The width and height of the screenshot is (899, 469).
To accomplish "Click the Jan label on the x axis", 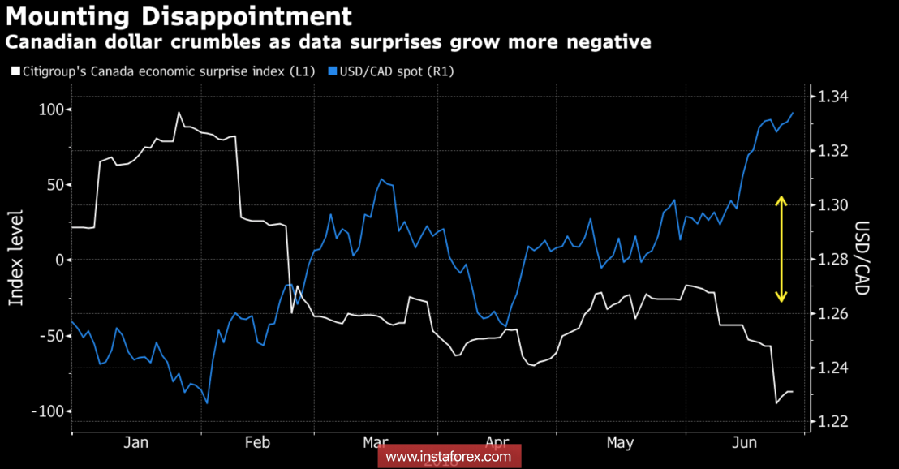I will [136, 442].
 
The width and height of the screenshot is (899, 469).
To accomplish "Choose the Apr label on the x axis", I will [497, 442].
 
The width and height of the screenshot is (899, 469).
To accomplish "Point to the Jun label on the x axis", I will [744, 442].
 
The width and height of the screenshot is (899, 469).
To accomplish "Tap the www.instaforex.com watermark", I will [449, 457].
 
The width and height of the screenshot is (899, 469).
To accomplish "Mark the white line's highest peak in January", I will [179, 113].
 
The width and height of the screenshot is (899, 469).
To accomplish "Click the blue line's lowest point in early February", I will [207, 402].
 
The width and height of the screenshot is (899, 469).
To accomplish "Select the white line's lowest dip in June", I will [776, 402].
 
